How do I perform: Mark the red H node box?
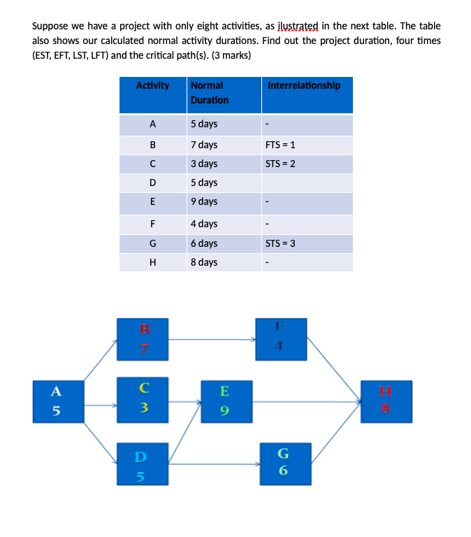coord(385,401)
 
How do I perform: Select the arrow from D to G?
coord(214,464)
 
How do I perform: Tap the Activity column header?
coord(152,86)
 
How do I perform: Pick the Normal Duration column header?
coord(208,92)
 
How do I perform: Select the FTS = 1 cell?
coord(280,145)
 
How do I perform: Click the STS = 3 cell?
coord(280,243)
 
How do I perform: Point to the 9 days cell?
coord(204,202)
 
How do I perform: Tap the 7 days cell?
coord(204,145)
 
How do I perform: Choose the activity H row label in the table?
coord(152,262)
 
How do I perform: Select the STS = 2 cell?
coord(280,164)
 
